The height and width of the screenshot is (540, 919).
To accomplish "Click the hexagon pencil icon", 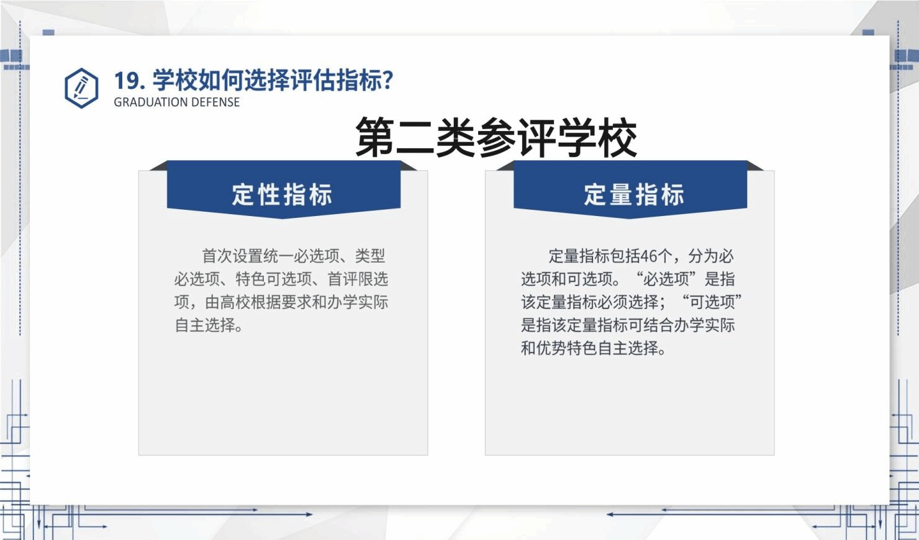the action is click(81, 88).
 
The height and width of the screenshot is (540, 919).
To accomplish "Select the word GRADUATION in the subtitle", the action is click(147, 102).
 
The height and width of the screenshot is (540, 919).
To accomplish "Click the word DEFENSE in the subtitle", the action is click(212, 102).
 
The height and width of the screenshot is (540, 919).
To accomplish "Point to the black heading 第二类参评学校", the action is click(496, 137).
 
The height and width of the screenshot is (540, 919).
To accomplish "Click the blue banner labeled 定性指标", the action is click(284, 189).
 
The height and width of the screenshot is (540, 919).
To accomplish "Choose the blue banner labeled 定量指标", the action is click(630, 189).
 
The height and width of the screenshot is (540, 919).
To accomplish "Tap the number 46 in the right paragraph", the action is click(648, 256).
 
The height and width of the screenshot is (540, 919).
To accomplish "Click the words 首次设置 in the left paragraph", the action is click(232, 256).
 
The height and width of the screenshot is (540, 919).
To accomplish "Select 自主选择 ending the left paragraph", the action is click(205, 325).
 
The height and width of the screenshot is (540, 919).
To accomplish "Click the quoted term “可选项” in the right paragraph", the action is click(712, 302).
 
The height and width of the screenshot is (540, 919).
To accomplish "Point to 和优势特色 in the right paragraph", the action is click(559, 348).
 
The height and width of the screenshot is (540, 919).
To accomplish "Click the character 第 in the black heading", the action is click(376, 137).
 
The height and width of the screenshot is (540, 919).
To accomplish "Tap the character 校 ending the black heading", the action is click(617, 137).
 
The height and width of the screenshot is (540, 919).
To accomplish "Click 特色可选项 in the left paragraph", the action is click(274, 279).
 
